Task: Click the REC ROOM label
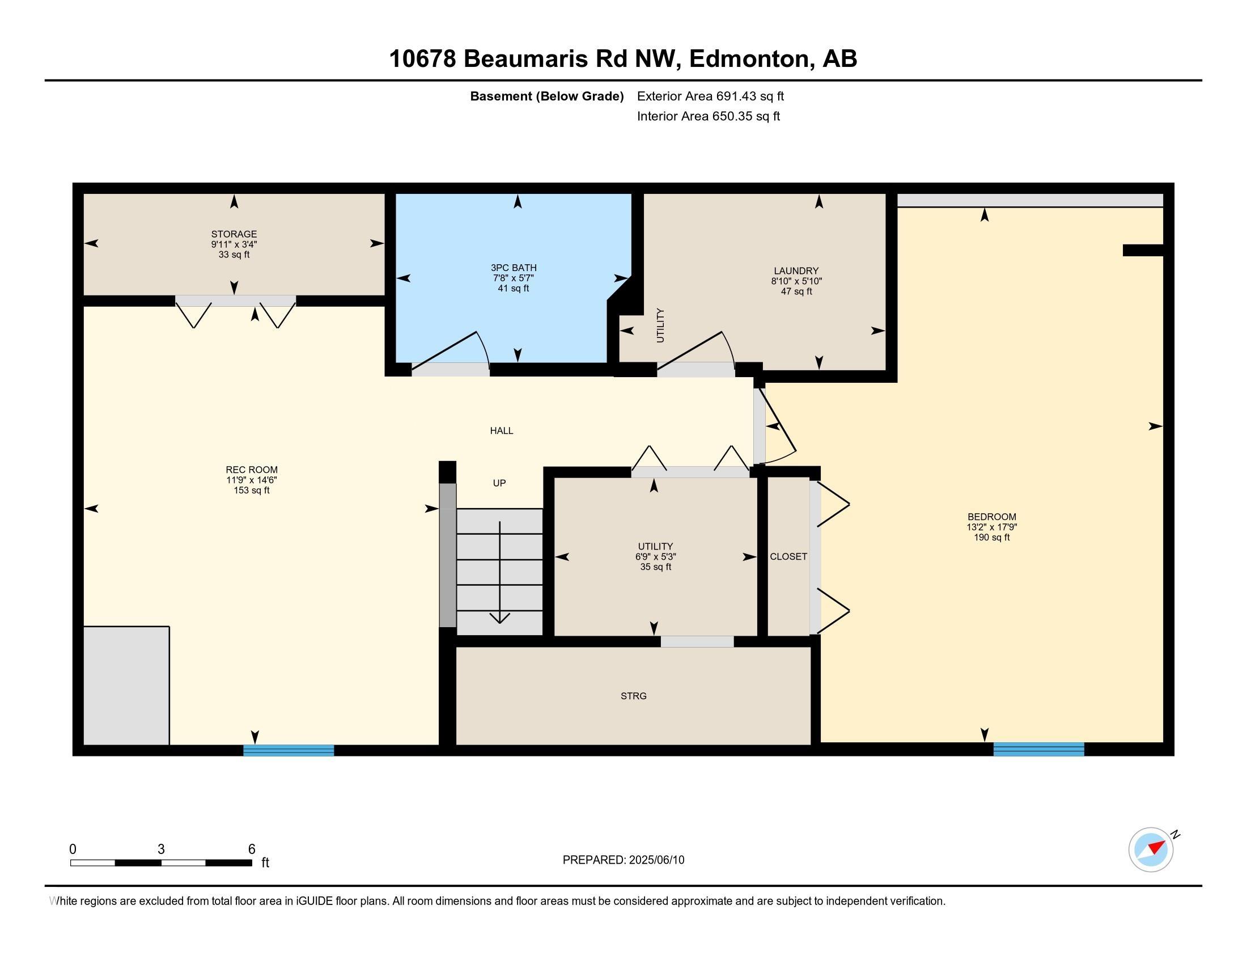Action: click(x=252, y=470)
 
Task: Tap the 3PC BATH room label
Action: click(x=514, y=268)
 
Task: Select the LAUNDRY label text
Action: click(x=796, y=270)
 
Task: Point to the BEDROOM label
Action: click(x=992, y=517)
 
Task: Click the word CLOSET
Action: click(x=788, y=556)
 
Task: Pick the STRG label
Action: click(x=634, y=696)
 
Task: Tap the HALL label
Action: click(x=501, y=430)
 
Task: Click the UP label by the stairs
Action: click(x=499, y=483)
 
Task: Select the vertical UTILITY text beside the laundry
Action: click(x=660, y=325)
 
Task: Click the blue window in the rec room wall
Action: click(x=289, y=750)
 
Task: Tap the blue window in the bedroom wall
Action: click(x=1038, y=749)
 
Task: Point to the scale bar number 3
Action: click(x=161, y=849)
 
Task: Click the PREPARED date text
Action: click(x=623, y=860)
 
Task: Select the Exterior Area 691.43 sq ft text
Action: click(x=710, y=96)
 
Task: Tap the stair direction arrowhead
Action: click(x=499, y=618)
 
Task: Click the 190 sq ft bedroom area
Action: click(x=992, y=538)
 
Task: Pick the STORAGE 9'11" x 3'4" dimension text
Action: click(x=234, y=244)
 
